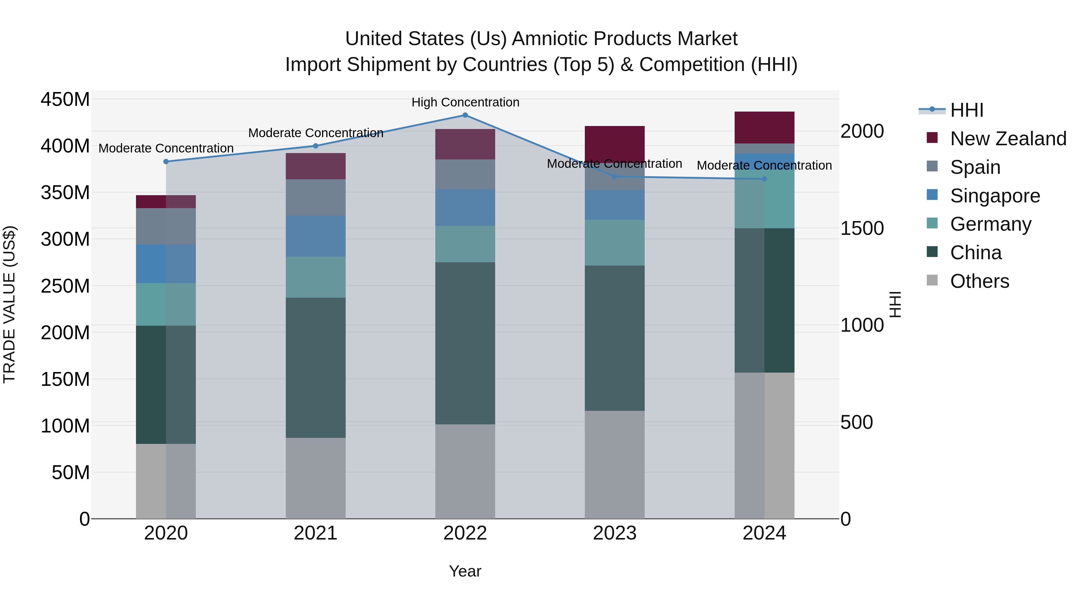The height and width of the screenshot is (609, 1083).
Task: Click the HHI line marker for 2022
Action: pyautogui.click(x=465, y=115)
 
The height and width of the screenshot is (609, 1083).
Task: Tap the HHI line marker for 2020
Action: pyautogui.click(x=166, y=161)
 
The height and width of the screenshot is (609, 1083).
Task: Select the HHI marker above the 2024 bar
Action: pyautogui.click(x=764, y=179)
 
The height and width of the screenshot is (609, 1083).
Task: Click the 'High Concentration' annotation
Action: pyautogui.click(x=465, y=102)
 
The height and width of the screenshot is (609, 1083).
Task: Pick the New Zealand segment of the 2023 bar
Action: pyautogui.click(x=615, y=143)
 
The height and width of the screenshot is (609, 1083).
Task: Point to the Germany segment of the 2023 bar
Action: pyautogui.click(x=615, y=242)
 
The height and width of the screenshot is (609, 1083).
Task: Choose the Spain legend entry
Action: pyautogui.click(x=975, y=167)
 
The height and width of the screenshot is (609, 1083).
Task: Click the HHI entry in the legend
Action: pyautogui.click(x=967, y=110)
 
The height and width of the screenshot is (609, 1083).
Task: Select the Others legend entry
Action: pyautogui.click(x=979, y=281)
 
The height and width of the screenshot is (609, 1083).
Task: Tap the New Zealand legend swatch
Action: pyautogui.click(x=932, y=138)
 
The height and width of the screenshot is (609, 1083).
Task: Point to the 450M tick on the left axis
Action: pyautogui.click(x=65, y=100)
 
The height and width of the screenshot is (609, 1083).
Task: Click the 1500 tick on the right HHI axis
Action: pyautogui.click(x=862, y=228)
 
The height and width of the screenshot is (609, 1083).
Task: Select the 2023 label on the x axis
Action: pyautogui.click(x=615, y=533)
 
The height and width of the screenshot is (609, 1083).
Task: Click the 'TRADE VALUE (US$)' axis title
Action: pyautogui.click(x=9, y=304)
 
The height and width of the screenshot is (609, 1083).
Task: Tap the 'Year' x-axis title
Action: pyautogui.click(x=465, y=571)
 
